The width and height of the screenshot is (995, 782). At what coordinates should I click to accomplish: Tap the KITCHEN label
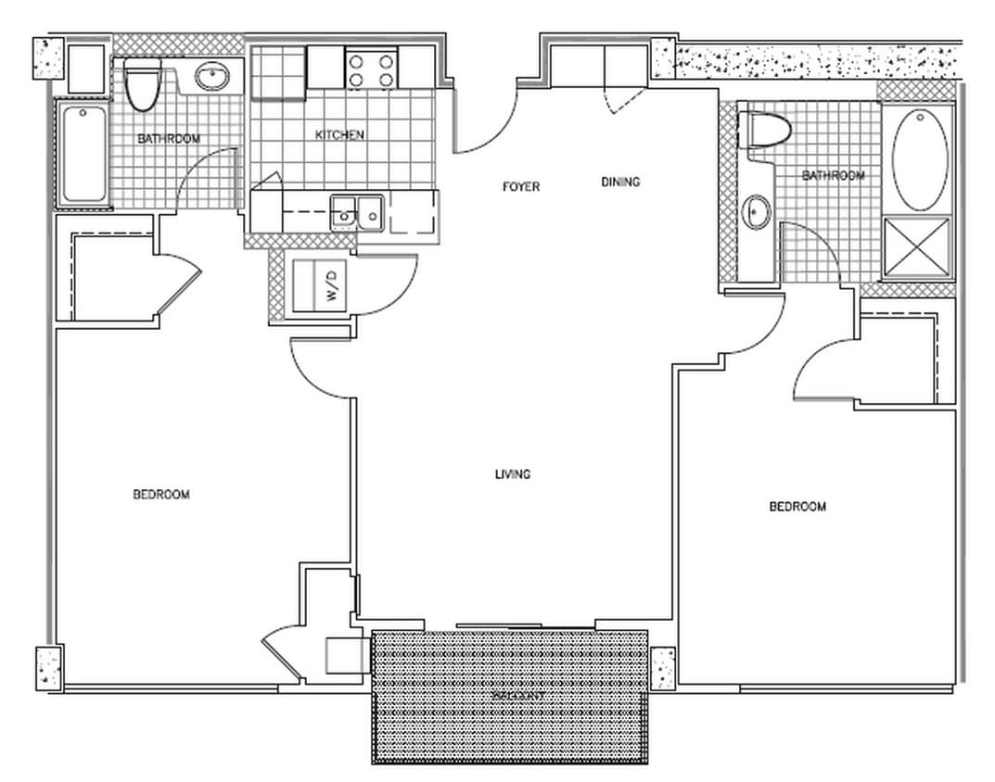click(x=339, y=135)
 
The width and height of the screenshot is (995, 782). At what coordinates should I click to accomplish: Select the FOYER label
click(x=520, y=186)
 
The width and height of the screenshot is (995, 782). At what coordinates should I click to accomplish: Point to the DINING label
click(x=620, y=182)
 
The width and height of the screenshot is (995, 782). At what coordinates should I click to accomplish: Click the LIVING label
click(x=513, y=474)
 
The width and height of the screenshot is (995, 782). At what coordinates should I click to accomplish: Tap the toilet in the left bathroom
click(x=142, y=85)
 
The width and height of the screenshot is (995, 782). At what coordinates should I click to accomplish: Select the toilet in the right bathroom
click(x=765, y=129)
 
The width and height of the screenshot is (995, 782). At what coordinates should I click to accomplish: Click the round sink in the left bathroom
click(x=213, y=77)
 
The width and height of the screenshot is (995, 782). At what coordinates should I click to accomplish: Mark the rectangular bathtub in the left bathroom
click(x=83, y=154)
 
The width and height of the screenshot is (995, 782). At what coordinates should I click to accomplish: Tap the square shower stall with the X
click(x=916, y=246)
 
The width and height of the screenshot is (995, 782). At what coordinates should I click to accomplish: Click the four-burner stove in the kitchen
click(x=370, y=68)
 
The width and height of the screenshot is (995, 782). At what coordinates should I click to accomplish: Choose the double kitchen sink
click(x=358, y=213)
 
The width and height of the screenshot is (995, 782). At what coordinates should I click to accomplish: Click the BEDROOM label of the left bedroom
click(x=161, y=495)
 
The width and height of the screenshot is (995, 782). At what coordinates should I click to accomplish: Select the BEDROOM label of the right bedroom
click(x=797, y=507)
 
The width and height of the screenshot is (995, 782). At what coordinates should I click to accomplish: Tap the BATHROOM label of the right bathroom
click(x=833, y=175)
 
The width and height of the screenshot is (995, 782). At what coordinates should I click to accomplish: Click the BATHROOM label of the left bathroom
click(x=169, y=139)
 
